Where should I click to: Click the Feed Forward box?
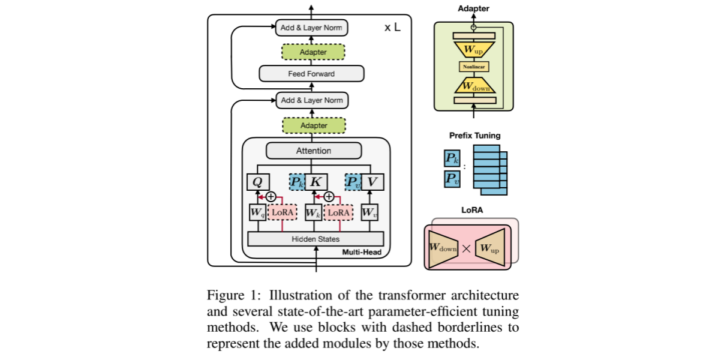(312, 74)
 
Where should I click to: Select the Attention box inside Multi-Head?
(314, 151)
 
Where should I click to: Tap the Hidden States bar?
(316, 239)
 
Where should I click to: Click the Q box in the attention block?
(259, 182)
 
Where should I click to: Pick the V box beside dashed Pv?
(372, 182)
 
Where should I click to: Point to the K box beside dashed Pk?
(316, 182)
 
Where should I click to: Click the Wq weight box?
(257, 212)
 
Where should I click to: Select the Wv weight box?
(369, 212)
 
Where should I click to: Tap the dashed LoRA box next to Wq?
(282, 212)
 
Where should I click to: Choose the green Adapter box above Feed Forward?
(314, 52)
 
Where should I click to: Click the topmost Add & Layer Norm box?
(312, 28)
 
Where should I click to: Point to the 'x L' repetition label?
(392, 28)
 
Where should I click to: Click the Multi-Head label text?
(362, 252)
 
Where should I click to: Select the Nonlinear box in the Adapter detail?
(474, 67)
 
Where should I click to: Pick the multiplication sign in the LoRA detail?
(466, 248)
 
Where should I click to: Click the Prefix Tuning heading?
(474, 136)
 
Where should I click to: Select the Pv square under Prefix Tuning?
(452, 179)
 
